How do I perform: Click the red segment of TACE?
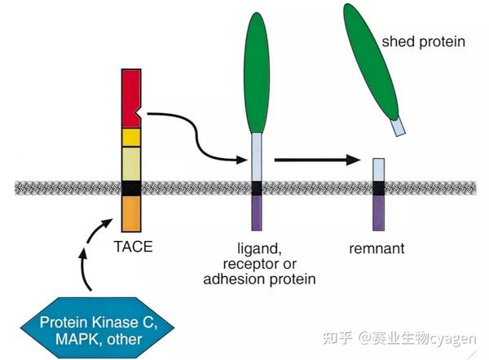131,98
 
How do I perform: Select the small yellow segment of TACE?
131,136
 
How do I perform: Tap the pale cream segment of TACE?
131,163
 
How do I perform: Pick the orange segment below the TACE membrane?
131,211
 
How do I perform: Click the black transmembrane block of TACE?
131,188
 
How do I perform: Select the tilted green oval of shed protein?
370,60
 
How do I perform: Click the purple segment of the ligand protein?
256,213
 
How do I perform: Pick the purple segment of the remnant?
379,213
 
